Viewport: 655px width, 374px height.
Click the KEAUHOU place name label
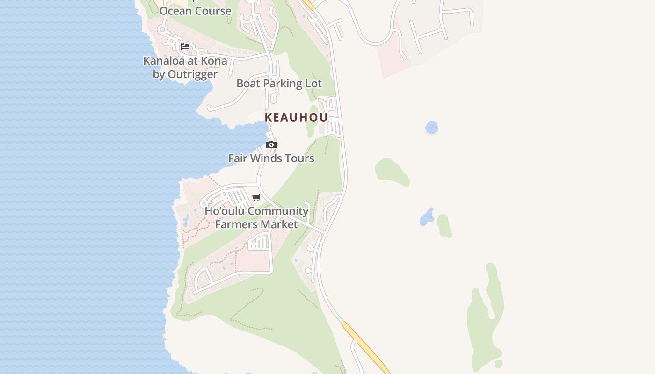pos(296,117)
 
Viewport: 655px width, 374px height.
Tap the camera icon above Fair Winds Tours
pos(271,145)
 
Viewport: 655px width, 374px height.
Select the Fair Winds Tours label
pos(271,158)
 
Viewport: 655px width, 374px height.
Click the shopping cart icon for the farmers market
pos(256,198)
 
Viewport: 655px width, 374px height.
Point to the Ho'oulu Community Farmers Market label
pos(256,217)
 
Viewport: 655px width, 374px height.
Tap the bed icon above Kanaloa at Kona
pos(185,47)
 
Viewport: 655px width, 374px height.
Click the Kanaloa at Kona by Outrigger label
pos(185,67)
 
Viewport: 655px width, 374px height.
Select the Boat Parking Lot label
pos(279,84)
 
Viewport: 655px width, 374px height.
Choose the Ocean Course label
pos(196,11)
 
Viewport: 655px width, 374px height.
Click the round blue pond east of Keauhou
pos(431,127)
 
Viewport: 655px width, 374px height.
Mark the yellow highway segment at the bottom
pos(365,346)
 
